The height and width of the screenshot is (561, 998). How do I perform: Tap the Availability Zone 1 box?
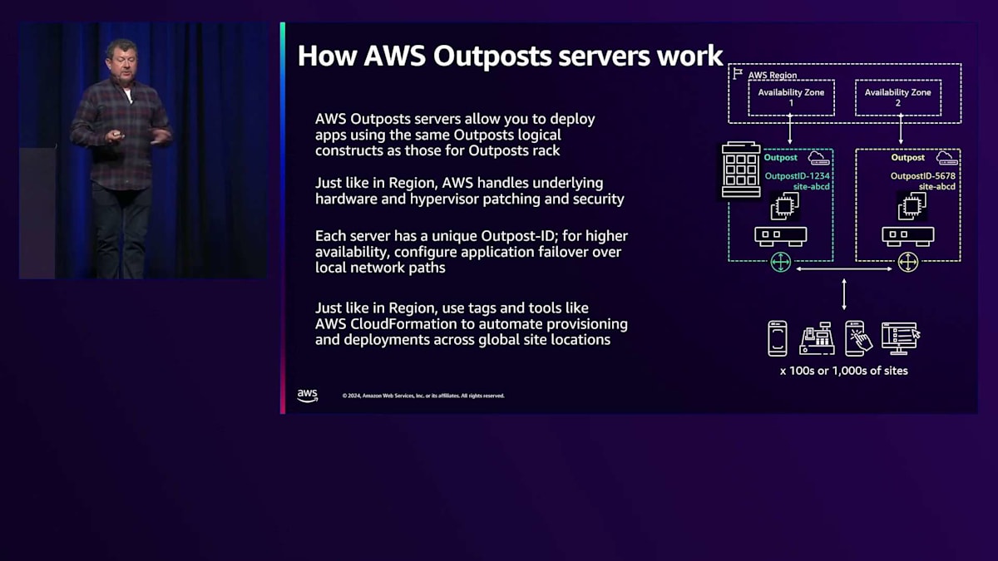[790, 97]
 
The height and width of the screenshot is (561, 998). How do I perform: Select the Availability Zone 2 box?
[897, 97]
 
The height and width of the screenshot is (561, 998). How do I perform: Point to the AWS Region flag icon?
[737, 74]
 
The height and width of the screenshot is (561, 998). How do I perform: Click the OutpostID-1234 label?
[798, 175]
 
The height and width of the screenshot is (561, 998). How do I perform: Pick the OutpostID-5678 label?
[922, 175]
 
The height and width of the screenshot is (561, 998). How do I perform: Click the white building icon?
[740, 170]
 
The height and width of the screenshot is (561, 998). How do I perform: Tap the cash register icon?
[817, 338]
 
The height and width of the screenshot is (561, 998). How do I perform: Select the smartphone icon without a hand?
[777, 338]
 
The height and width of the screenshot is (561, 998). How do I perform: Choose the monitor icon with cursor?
[900, 337]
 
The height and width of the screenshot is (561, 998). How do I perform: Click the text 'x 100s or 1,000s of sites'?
[843, 371]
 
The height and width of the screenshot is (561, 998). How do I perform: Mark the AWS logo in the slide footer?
[308, 396]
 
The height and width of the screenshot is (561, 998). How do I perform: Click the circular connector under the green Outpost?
[780, 263]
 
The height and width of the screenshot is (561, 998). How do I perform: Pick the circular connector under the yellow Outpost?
[907, 263]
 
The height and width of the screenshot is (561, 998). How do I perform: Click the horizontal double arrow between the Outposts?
[843, 268]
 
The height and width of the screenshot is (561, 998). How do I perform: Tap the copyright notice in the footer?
[423, 396]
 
